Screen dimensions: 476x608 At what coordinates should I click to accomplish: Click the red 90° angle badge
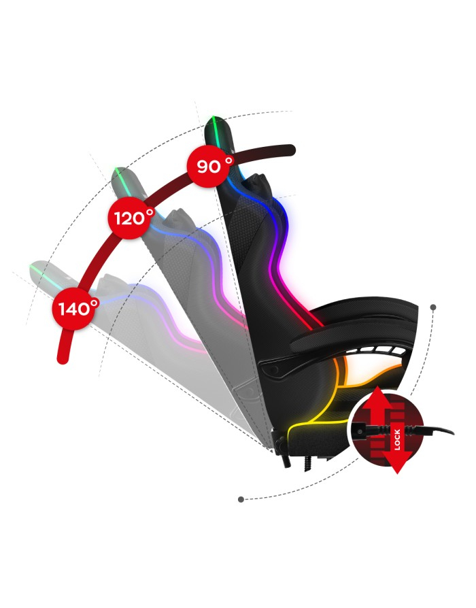(x=209, y=166)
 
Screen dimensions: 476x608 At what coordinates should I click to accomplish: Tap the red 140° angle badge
(x=74, y=309)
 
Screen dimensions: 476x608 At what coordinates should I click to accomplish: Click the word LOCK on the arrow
(x=397, y=439)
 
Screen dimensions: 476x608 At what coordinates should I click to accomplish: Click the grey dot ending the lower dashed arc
(x=241, y=499)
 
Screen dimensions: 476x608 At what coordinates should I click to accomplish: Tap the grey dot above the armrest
(x=433, y=307)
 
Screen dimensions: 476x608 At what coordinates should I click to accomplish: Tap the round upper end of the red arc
(x=289, y=150)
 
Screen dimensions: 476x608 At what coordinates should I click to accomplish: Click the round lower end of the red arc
(x=63, y=358)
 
